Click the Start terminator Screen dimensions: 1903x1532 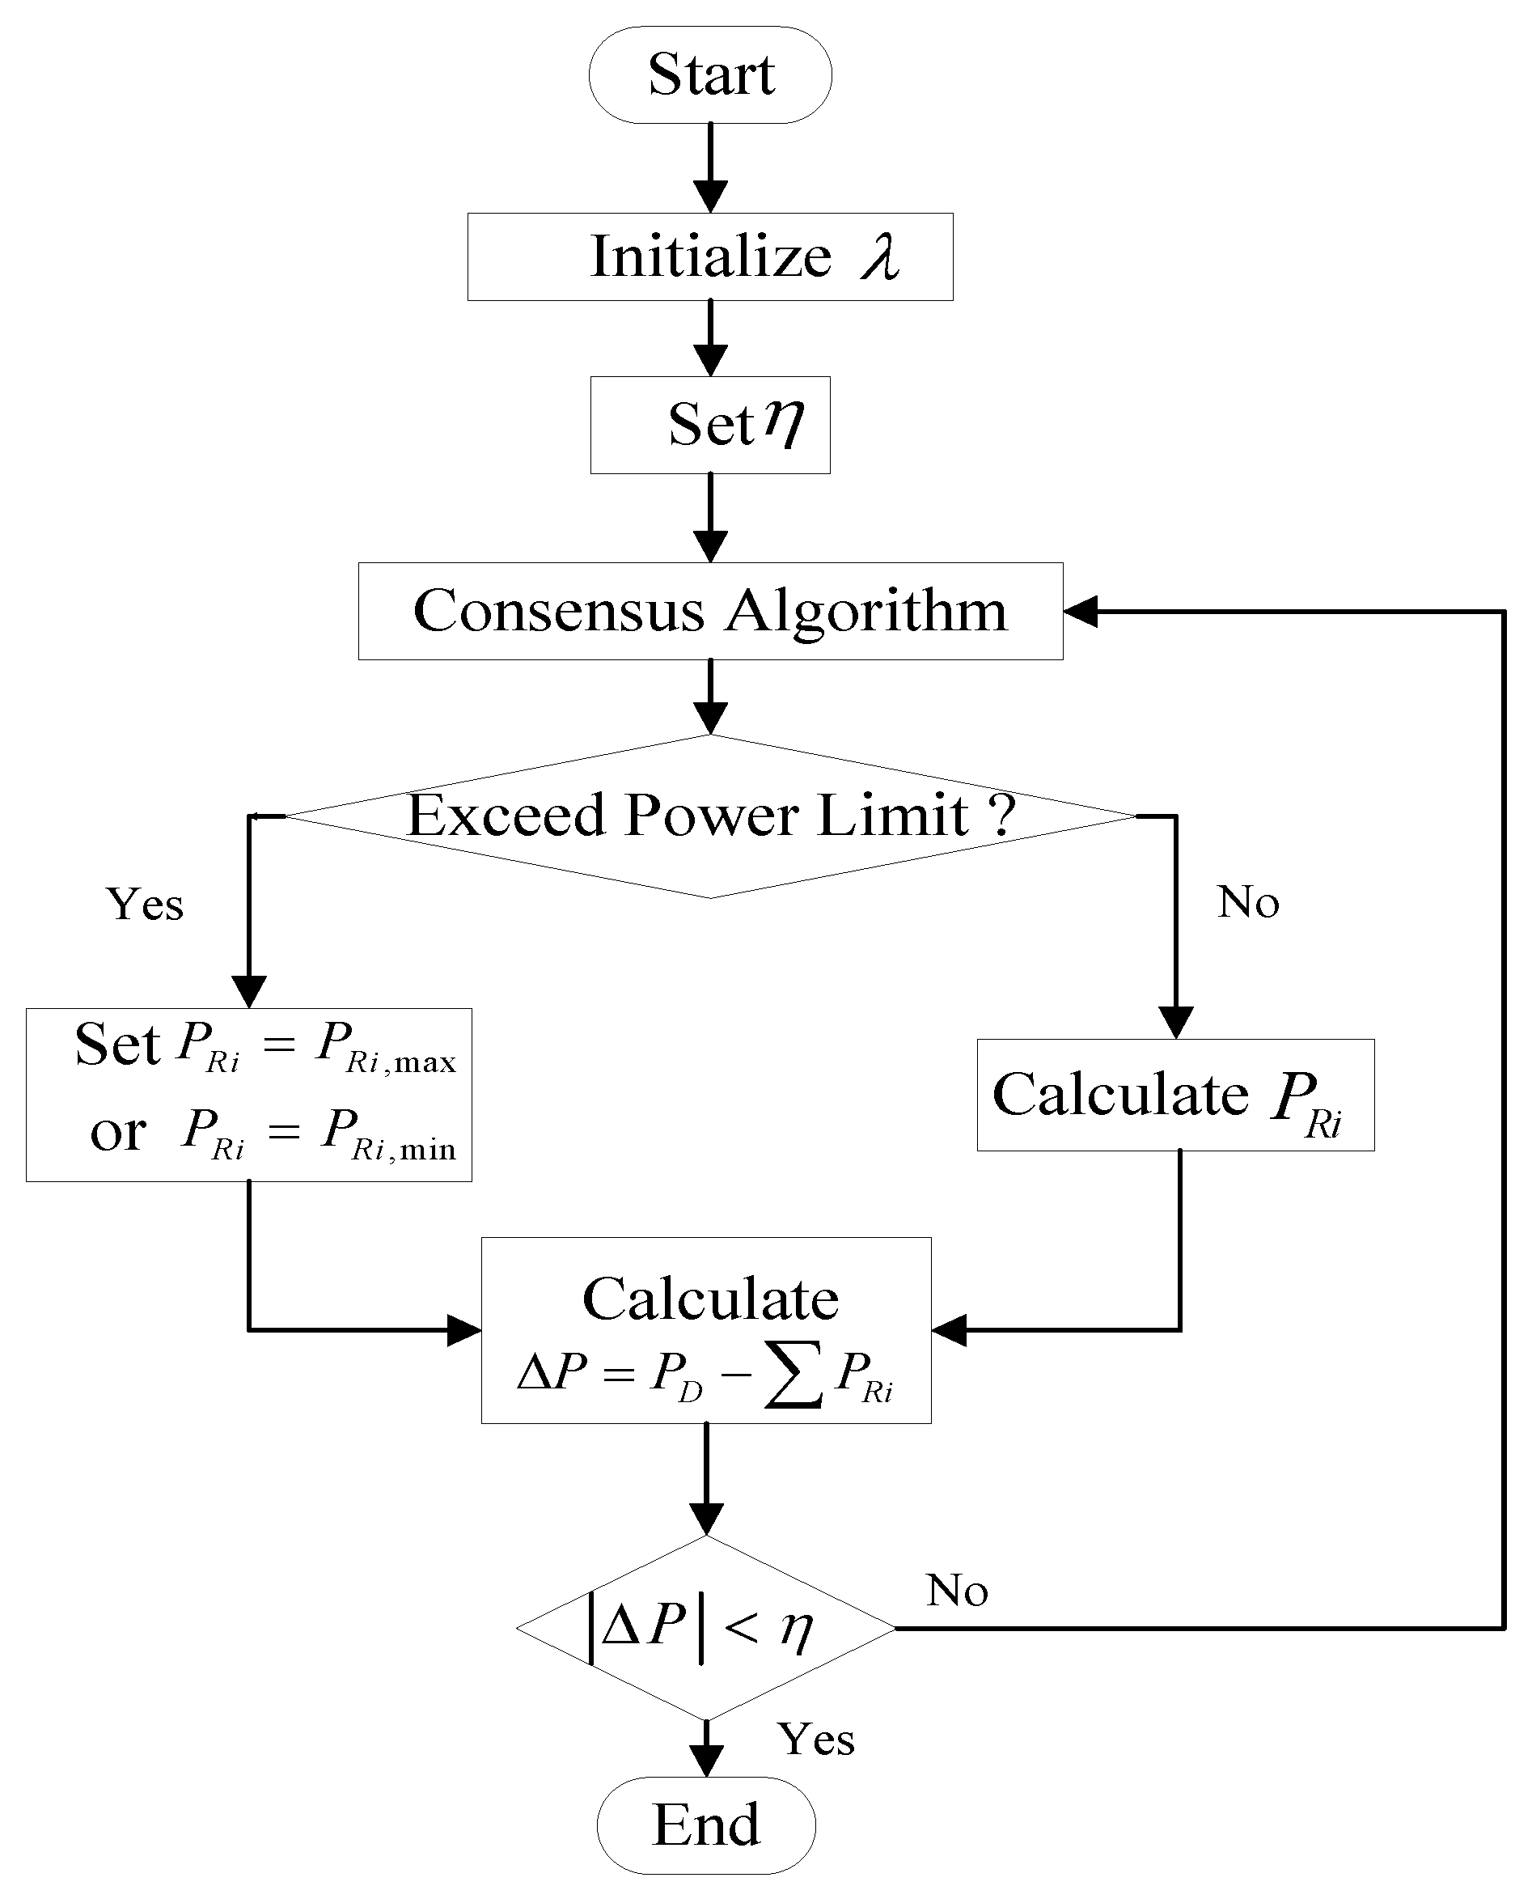click(x=709, y=74)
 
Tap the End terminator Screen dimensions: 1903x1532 click(x=706, y=1825)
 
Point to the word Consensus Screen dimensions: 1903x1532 click(x=558, y=611)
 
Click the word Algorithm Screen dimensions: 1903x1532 click(x=865, y=611)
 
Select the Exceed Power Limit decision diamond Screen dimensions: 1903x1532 click(x=709, y=816)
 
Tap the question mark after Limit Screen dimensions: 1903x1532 click(x=1001, y=814)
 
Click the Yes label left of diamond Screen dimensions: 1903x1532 click(x=145, y=904)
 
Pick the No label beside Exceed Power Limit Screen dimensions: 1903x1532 click(x=1248, y=902)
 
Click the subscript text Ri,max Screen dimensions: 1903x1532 click(x=401, y=1062)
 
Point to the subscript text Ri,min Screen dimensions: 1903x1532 click(x=404, y=1149)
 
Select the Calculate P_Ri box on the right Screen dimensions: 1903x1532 click(x=1174, y=1096)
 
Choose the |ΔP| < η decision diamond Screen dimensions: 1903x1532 click(x=706, y=1629)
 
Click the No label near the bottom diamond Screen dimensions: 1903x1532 click(x=957, y=1591)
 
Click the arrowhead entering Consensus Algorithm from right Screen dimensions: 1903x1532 click(x=1080, y=611)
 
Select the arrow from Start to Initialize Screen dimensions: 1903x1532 click(x=709, y=167)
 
